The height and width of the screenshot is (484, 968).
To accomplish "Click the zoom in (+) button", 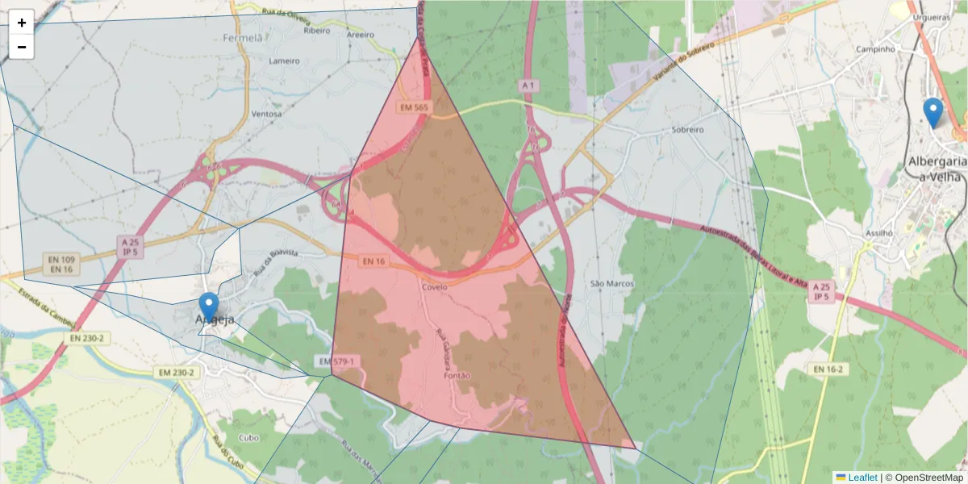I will coord(22,23).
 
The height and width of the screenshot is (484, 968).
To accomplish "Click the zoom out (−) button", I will coord(22,47).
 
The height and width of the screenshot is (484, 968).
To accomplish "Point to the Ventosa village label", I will coord(267,114).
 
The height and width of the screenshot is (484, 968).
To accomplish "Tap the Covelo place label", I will coord(434,286).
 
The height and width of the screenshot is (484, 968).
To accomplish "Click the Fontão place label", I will coord(457,375).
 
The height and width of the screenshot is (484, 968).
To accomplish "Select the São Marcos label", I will coord(612,284).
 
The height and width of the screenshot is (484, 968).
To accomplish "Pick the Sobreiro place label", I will coord(688,129).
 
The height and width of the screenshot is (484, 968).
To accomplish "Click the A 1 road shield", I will coord(528,85).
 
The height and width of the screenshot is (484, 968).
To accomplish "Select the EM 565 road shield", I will coord(414,106).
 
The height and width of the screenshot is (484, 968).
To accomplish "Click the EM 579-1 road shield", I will coord(336,361).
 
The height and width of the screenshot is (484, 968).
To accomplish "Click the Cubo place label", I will coord(249,437).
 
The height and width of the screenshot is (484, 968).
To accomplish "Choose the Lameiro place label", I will coord(284,60).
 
